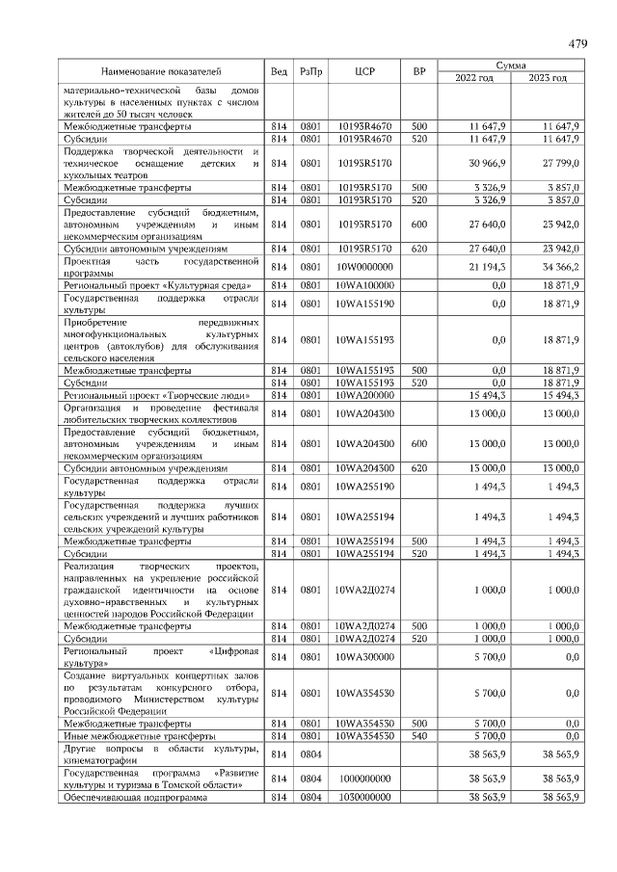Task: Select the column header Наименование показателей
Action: coord(162,71)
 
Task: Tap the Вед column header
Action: coord(279,71)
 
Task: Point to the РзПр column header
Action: coord(310,71)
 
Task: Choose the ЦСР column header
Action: coord(364,71)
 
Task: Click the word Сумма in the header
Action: coord(510,65)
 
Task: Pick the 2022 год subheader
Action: coord(472,78)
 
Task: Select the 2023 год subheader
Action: coord(547,78)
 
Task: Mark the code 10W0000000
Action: coord(364,265)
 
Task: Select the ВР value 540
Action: coord(419,735)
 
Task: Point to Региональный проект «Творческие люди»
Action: coord(156,396)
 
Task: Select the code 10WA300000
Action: coord(364,656)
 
